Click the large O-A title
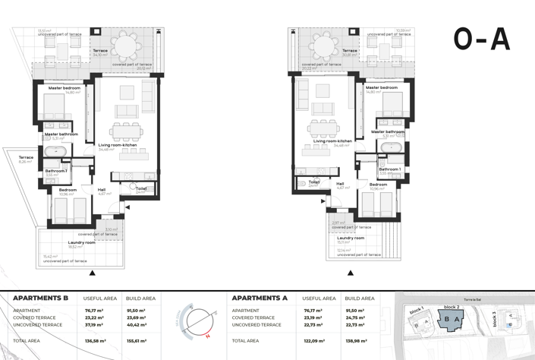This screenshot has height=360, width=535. (481, 39)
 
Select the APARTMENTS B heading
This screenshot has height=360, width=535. (41, 298)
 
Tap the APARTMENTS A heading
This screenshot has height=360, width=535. (260, 298)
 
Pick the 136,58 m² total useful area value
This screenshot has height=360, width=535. (95, 341)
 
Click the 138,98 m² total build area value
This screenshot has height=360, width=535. (356, 341)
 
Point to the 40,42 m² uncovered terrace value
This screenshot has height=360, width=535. (137, 325)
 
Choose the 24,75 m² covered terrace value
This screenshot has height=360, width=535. (355, 317)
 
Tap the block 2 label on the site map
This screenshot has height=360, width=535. (452, 308)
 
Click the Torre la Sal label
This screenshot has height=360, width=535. (474, 300)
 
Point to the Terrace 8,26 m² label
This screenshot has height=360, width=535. (26, 159)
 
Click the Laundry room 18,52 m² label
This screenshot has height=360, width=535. (81, 245)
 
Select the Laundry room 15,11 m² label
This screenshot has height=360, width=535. (350, 239)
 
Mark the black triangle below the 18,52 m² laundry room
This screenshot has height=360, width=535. (93, 273)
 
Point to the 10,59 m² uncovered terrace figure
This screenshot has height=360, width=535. (402, 31)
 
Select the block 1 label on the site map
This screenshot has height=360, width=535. (416, 311)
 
